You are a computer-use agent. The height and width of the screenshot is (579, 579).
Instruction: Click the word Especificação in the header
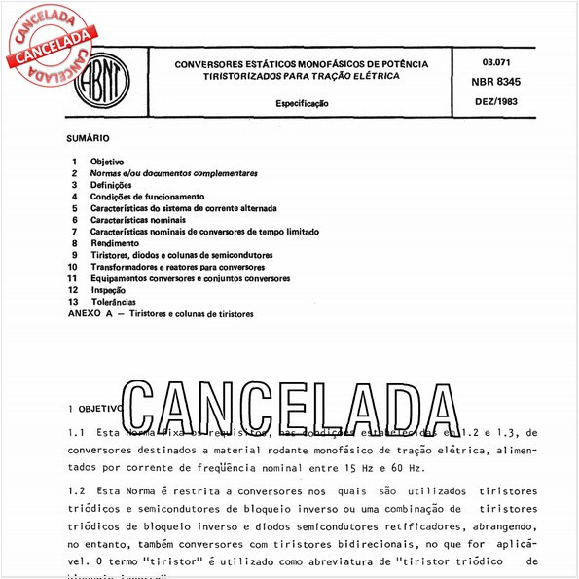click(x=301, y=101)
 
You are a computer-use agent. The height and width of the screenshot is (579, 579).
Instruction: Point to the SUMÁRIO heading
click(x=89, y=138)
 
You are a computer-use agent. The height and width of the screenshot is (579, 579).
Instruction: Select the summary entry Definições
click(x=111, y=184)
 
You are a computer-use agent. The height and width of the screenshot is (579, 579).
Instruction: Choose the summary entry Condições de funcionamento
click(x=147, y=196)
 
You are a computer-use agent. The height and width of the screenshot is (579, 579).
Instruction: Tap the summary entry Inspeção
click(x=108, y=290)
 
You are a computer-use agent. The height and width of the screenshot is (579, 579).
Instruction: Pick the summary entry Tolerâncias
click(x=114, y=302)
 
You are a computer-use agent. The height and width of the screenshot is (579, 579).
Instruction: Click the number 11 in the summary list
click(x=72, y=278)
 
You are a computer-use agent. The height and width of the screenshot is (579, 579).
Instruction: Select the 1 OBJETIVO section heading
click(x=95, y=409)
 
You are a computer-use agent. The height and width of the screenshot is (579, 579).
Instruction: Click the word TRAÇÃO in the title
click(x=330, y=75)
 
